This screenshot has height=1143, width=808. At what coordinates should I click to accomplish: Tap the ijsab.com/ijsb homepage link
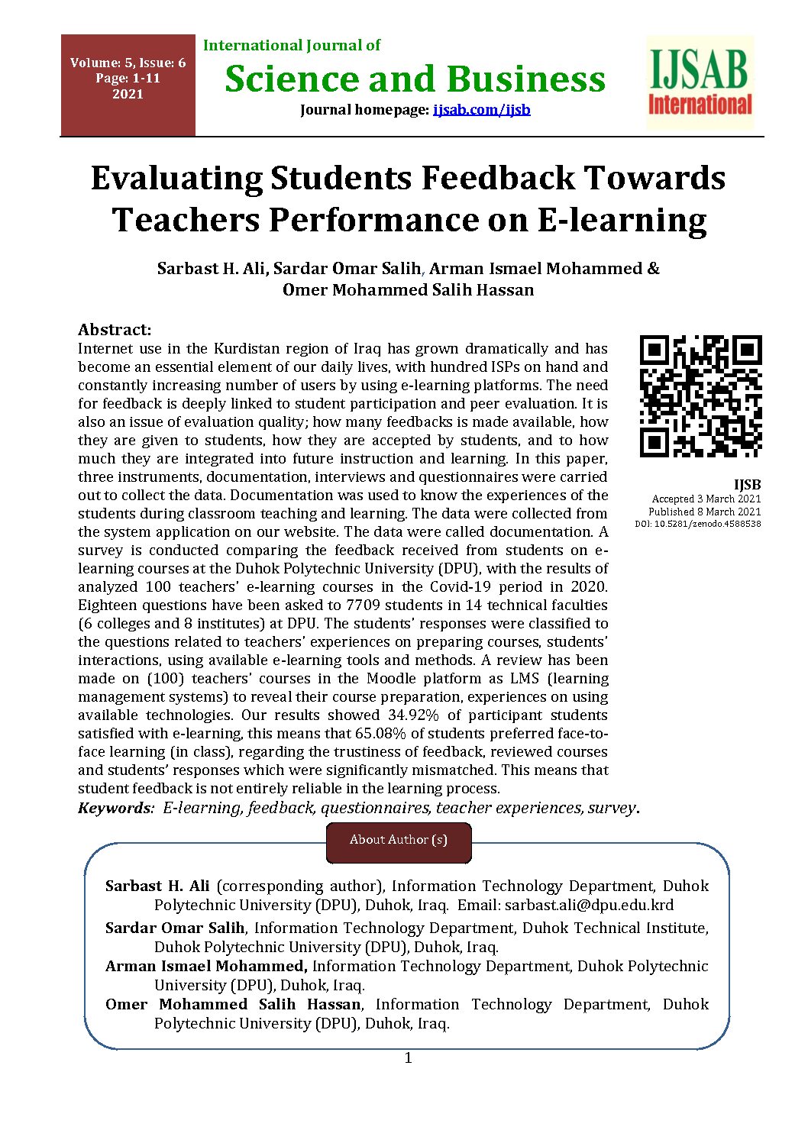click(x=481, y=110)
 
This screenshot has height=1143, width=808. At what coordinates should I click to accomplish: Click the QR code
click(x=700, y=396)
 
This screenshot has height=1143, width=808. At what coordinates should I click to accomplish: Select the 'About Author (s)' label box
click(x=399, y=841)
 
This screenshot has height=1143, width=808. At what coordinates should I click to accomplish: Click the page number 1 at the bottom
click(x=408, y=1058)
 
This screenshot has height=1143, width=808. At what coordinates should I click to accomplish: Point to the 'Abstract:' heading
click(x=115, y=330)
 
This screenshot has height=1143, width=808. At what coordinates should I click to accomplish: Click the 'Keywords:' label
click(x=116, y=808)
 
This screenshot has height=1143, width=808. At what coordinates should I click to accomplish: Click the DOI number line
click(x=698, y=524)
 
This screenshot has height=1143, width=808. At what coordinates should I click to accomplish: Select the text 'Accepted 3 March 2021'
click(x=706, y=499)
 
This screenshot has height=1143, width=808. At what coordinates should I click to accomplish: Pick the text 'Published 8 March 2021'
click(x=704, y=512)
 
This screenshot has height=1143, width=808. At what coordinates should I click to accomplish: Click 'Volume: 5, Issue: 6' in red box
click(x=128, y=63)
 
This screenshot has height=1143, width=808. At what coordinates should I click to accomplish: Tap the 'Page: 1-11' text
click(x=128, y=79)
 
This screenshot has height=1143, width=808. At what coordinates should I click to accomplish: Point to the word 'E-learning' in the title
click(x=622, y=220)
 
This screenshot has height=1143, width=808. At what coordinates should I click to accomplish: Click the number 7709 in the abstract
click(x=366, y=605)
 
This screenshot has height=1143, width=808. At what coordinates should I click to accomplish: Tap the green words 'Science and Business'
click(x=415, y=79)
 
